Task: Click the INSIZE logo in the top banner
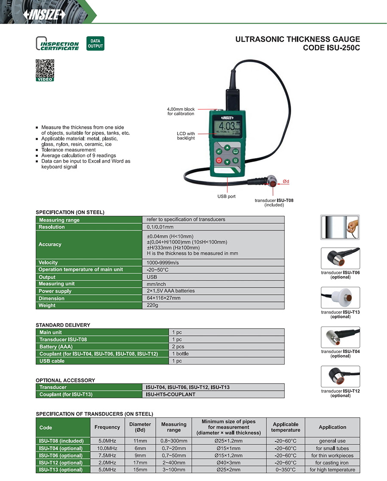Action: [46, 15]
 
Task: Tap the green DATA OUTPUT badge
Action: [95, 43]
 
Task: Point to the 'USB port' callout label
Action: [226, 196]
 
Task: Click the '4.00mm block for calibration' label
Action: [181, 111]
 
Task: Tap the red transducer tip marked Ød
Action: [273, 184]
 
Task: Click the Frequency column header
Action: [107, 427]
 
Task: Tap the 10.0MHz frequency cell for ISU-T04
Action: [107, 448]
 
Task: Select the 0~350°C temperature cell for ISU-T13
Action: [286, 470]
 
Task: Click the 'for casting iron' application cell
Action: [332, 463]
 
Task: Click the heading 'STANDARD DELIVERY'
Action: [63, 325]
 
